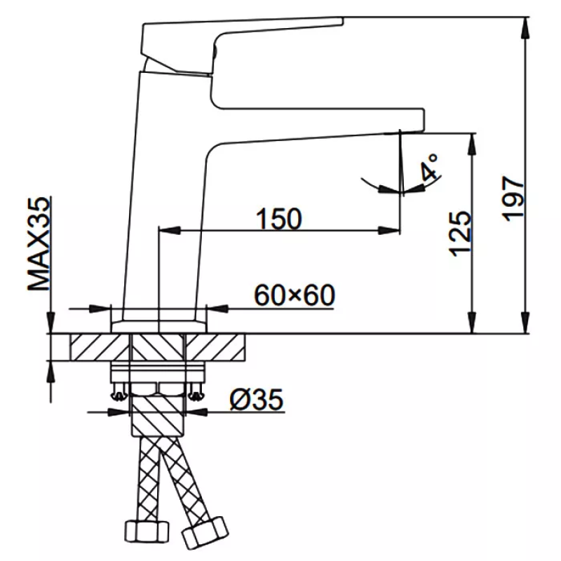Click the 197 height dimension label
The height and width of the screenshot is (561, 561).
[x=513, y=198]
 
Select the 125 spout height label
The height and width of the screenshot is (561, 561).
[x=460, y=234]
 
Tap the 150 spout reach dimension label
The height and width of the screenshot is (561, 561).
[x=279, y=219]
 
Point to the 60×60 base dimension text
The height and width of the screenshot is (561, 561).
[x=295, y=295]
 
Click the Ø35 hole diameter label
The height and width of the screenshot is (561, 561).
[x=257, y=399]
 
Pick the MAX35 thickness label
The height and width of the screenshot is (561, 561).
[x=39, y=243]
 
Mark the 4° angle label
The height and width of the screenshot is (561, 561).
[x=429, y=168]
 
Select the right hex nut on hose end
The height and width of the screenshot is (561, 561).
[x=205, y=532]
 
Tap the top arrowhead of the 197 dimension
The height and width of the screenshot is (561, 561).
[x=525, y=28]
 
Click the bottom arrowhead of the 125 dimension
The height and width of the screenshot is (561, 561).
[x=473, y=323]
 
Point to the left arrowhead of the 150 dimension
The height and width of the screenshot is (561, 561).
[x=169, y=231]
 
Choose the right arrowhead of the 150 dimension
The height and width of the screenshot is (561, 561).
[x=389, y=231]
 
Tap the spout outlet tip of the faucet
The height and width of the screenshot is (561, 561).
[x=412, y=132]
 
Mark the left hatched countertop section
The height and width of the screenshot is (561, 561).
[x=100, y=347]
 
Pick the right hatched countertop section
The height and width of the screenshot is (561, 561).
[x=215, y=347]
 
